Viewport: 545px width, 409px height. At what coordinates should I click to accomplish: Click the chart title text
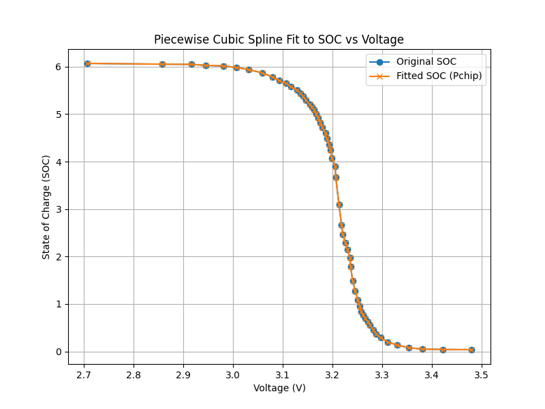(x=279, y=40)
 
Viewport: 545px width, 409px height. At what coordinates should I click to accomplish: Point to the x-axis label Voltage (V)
(x=279, y=388)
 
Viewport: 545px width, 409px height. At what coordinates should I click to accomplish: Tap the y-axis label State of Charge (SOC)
(x=46, y=207)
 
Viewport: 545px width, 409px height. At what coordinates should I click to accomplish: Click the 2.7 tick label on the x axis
(x=84, y=375)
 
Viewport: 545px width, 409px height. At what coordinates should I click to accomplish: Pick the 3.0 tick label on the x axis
(x=233, y=375)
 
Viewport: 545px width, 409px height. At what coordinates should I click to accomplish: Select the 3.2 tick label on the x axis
(x=332, y=375)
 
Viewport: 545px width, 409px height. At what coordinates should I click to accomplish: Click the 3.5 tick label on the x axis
(x=481, y=375)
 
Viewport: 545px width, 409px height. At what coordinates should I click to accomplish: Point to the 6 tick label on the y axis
(x=59, y=67)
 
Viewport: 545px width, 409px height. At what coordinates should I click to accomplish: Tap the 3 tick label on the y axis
(x=59, y=209)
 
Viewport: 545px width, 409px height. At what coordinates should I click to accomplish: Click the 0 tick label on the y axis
(x=59, y=352)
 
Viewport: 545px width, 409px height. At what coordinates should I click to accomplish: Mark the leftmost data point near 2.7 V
(x=87, y=63)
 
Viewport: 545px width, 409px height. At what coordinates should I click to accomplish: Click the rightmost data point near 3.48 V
(x=471, y=350)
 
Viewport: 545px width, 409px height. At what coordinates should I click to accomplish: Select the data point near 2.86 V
(x=162, y=64)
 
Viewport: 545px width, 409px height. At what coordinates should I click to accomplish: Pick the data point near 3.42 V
(x=443, y=350)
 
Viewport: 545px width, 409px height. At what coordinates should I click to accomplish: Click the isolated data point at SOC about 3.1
(x=339, y=204)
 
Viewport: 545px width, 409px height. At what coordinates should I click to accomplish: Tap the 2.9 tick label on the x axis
(x=183, y=375)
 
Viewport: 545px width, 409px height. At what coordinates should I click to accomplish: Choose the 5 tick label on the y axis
(x=59, y=115)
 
